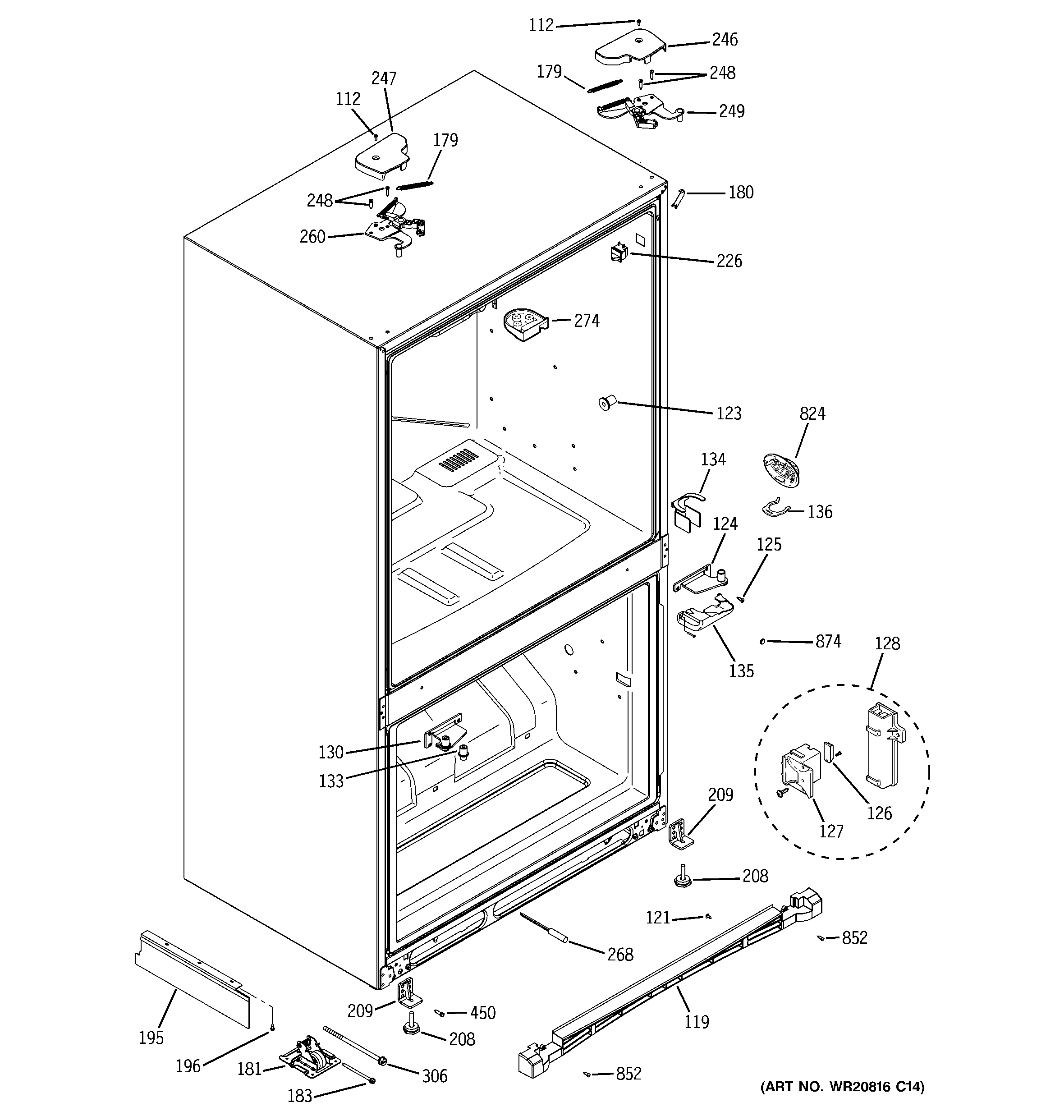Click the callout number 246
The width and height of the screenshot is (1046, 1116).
point(725,40)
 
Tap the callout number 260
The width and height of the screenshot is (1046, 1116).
point(312,237)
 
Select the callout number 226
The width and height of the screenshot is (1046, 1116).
point(729,261)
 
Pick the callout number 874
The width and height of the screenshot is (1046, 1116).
point(828,641)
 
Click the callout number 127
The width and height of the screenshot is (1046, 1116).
point(831,831)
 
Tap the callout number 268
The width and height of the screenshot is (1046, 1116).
point(620,954)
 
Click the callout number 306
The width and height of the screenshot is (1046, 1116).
point(434,1076)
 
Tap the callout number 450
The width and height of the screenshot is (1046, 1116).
point(482,1013)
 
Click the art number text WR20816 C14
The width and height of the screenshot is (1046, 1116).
point(842,1102)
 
